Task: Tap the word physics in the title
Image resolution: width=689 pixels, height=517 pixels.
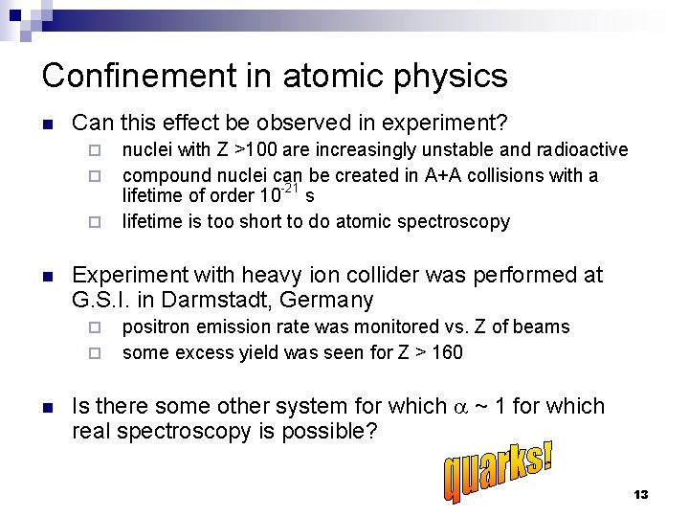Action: (x=451, y=77)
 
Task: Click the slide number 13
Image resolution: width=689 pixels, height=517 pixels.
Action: (x=641, y=494)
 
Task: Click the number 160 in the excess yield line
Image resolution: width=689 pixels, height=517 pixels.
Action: (x=446, y=352)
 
